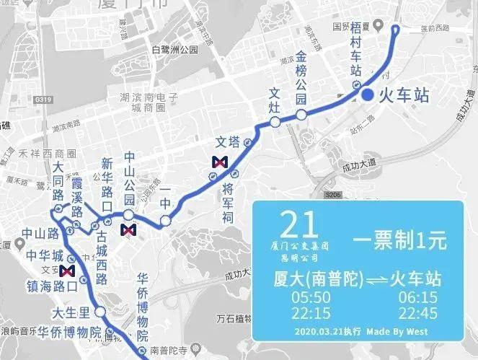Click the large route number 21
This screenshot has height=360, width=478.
pos(298,224)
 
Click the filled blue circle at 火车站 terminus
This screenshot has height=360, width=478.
pos(367,95)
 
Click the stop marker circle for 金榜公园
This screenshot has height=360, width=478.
pos(301,114)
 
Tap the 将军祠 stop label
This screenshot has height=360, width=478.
pos(228,203)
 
